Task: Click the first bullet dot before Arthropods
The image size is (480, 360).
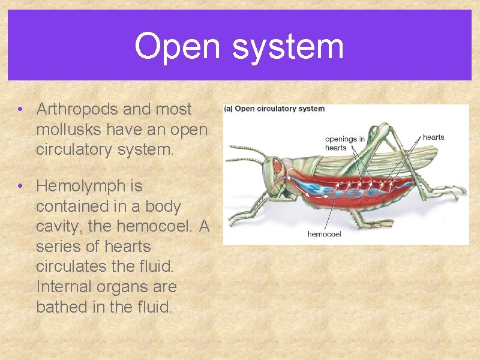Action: coord(20,109)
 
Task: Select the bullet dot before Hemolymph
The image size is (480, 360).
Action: coord(20,187)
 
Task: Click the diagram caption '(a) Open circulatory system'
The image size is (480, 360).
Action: coord(274,109)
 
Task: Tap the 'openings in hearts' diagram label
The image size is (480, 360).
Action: coord(344,143)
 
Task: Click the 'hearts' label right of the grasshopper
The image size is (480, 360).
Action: coord(433,137)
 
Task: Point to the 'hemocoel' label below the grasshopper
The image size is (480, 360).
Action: coord(324,234)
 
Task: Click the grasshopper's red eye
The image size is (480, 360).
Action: coord(278,165)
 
